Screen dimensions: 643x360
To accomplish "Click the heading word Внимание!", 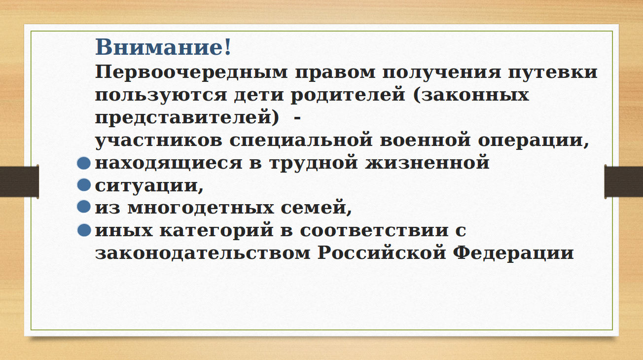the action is [163, 47].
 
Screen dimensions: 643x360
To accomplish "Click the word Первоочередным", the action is [191, 72].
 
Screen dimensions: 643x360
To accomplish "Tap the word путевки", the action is [553, 72].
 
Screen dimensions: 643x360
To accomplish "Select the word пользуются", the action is [161, 95].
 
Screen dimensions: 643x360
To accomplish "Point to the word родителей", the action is [348, 94].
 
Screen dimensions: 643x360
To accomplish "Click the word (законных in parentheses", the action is [471, 95].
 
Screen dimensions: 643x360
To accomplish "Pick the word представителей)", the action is [187, 117].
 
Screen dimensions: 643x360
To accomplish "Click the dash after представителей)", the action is [298, 118].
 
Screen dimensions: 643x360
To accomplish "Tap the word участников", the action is [159, 141].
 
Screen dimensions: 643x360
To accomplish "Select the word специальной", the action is [301, 140].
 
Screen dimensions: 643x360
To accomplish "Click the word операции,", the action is [534, 141].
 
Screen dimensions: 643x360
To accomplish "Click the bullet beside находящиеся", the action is [84, 163].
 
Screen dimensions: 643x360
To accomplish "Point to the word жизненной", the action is [428, 162].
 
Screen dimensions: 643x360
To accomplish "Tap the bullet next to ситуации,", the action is [84, 184].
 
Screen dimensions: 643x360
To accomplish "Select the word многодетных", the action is [201, 208].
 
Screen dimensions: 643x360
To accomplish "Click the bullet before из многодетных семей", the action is [84, 207].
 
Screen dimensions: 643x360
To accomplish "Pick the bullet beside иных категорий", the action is [84, 230].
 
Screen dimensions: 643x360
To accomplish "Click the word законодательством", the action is [203, 253].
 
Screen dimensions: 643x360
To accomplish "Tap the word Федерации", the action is [513, 253].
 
